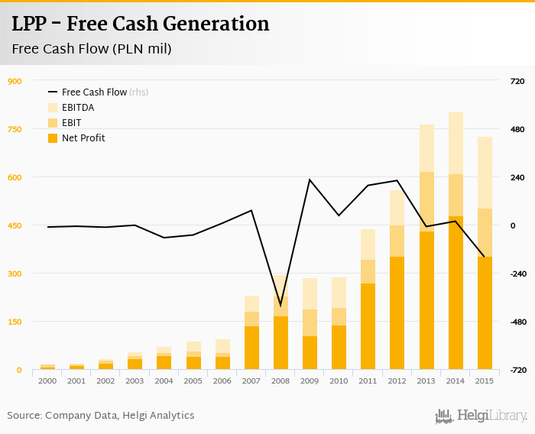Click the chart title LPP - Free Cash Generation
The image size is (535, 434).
141,24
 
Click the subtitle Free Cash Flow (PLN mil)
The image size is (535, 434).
92,49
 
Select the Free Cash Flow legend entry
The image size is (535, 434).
94,92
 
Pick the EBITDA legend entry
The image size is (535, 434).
77,108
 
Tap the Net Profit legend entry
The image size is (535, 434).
83,138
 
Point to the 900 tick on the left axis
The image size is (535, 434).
15,81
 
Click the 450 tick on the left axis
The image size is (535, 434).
15,225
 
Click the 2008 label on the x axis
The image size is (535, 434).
281,381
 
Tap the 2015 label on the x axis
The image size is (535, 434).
484,381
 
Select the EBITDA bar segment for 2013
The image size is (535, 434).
426,148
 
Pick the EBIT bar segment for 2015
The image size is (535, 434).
484,232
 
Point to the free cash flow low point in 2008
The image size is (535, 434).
281,306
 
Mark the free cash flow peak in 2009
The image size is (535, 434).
310,180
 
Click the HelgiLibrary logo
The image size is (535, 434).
481,416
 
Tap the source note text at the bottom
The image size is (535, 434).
101,416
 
